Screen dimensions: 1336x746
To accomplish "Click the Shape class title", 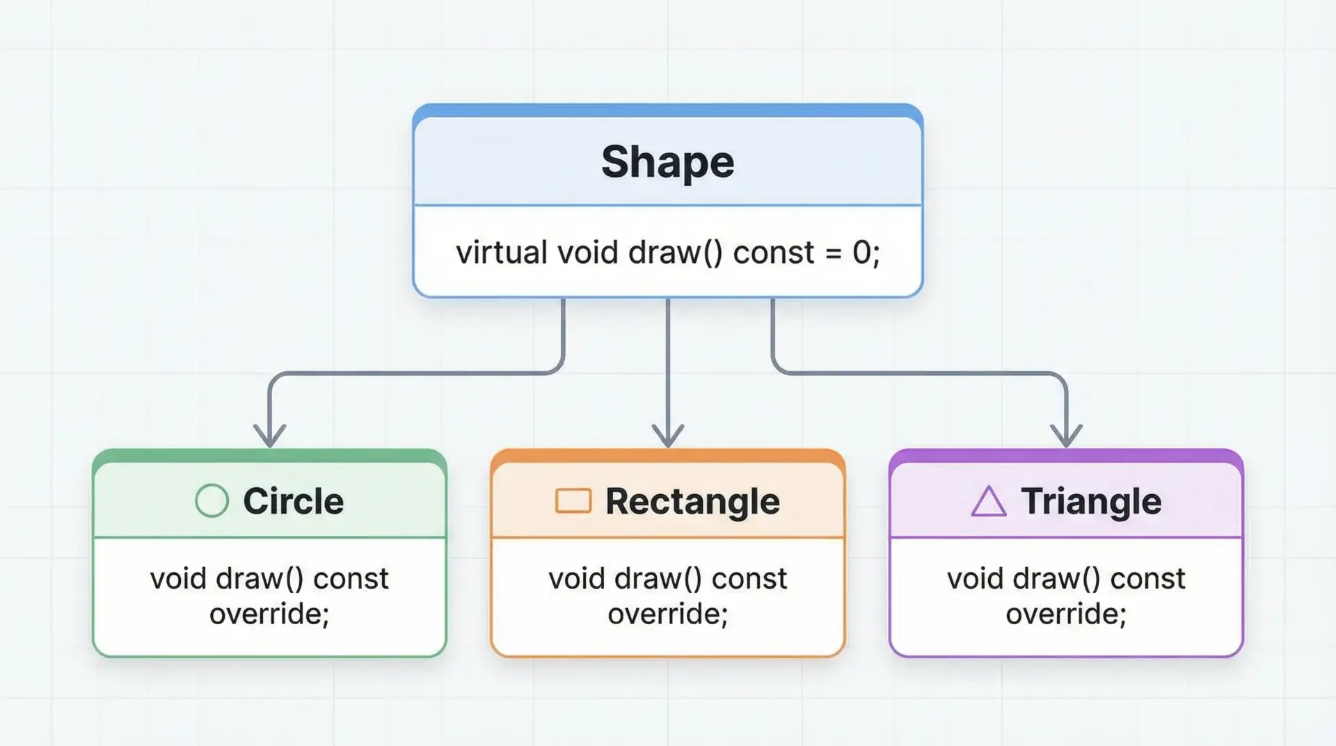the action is pyautogui.click(x=668, y=162).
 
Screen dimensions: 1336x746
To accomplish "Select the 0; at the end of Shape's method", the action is pyautogui.click(x=866, y=253).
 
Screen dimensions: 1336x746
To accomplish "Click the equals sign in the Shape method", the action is pyautogui.click(x=833, y=253).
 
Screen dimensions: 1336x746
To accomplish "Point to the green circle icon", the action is pyautogui.click(x=212, y=500).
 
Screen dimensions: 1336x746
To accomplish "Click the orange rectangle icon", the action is pyautogui.click(x=573, y=500).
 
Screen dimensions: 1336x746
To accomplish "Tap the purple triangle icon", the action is pyautogui.click(x=989, y=501).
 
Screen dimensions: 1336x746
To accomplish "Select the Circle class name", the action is pyautogui.click(x=294, y=501).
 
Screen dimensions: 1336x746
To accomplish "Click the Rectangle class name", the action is pyautogui.click(x=692, y=502).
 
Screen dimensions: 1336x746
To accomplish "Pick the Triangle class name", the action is pyautogui.click(x=1091, y=502).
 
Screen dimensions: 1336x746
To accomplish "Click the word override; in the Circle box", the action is pyautogui.click(x=269, y=614).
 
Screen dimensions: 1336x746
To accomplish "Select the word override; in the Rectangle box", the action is pyautogui.click(x=668, y=614).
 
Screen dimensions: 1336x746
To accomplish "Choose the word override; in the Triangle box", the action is pyautogui.click(x=1066, y=614).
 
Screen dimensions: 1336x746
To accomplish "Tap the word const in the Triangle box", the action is pyautogui.click(x=1147, y=579).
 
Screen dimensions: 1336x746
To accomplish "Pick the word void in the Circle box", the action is pyautogui.click(x=178, y=578).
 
